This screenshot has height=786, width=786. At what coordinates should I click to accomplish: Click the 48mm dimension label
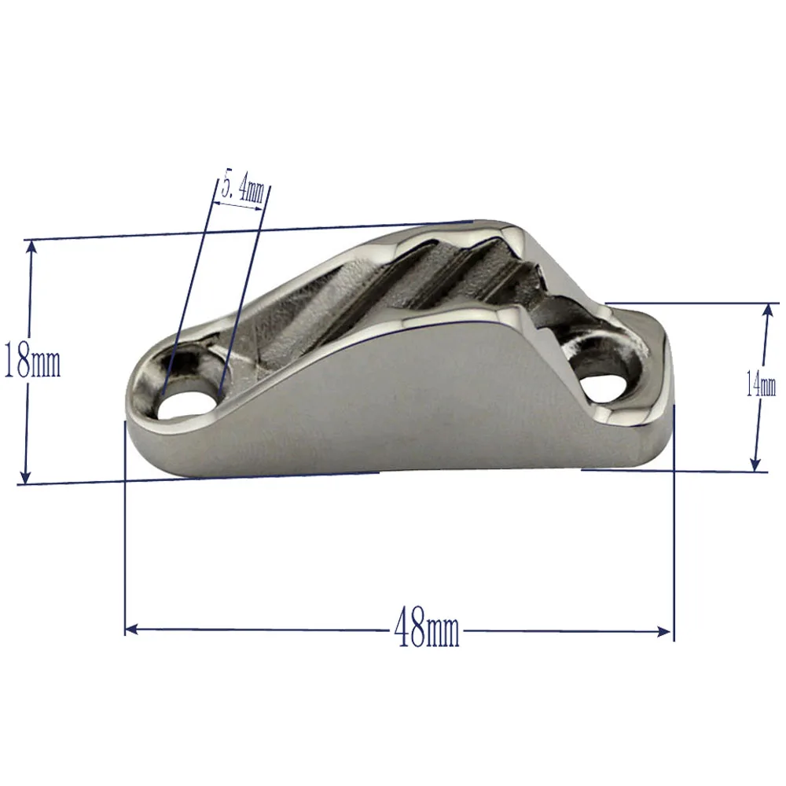[427, 630]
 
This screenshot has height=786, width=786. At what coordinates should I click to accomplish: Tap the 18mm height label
[32, 361]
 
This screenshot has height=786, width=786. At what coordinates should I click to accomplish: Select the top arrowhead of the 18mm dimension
[31, 246]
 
